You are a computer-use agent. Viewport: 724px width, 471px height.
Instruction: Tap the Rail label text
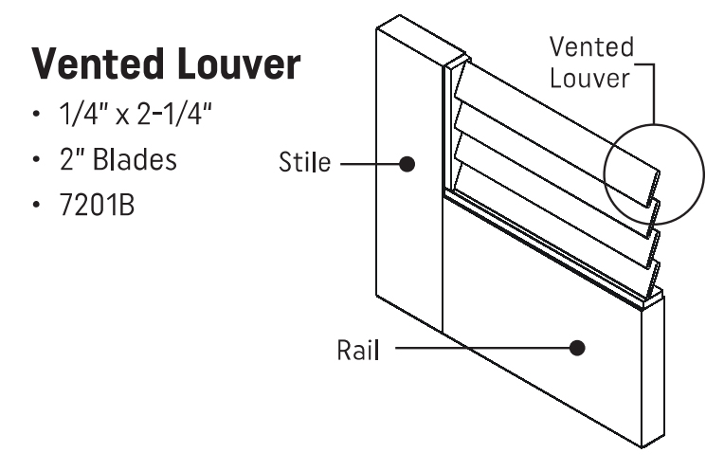(x=357, y=349)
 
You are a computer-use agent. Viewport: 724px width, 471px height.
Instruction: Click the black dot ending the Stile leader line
(x=407, y=163)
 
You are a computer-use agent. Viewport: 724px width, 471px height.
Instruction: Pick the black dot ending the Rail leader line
(x=577, y=348)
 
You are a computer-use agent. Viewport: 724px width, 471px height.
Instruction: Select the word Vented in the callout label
(x=592, y=47)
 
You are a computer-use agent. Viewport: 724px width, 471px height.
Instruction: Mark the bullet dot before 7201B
(x=37, y=204)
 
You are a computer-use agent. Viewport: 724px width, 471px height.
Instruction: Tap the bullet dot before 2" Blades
(x=37, y=161)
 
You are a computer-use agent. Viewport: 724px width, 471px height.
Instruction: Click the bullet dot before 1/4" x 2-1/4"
(x=37, y=118)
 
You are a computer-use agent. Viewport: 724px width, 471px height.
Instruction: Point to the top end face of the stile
(x=422, y=41)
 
